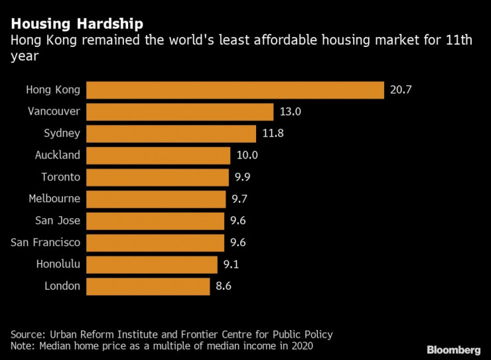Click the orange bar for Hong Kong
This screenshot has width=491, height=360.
point(235,90)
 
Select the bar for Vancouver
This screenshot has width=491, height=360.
point(180,112)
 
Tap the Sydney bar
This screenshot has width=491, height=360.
point(171,133)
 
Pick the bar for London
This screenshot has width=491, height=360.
point(148,286)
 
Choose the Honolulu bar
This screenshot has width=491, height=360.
point(152,265)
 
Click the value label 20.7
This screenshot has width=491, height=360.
point(401,90)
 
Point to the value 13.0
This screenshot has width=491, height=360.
point(291,112)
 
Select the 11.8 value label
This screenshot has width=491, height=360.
point(273,133)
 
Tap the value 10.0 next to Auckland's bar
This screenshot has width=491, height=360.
point(247,155)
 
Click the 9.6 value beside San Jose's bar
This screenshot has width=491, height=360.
point(238,221)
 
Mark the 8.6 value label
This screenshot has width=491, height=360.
point(224,286)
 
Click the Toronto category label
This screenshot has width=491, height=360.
point(60,177)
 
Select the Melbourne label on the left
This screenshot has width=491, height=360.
point(54,199)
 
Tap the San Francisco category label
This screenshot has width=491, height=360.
point(46,243)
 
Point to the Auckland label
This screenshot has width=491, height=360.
point(57,155)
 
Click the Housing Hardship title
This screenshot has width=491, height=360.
point(77,25)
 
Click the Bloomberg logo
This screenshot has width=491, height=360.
point(454,349)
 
